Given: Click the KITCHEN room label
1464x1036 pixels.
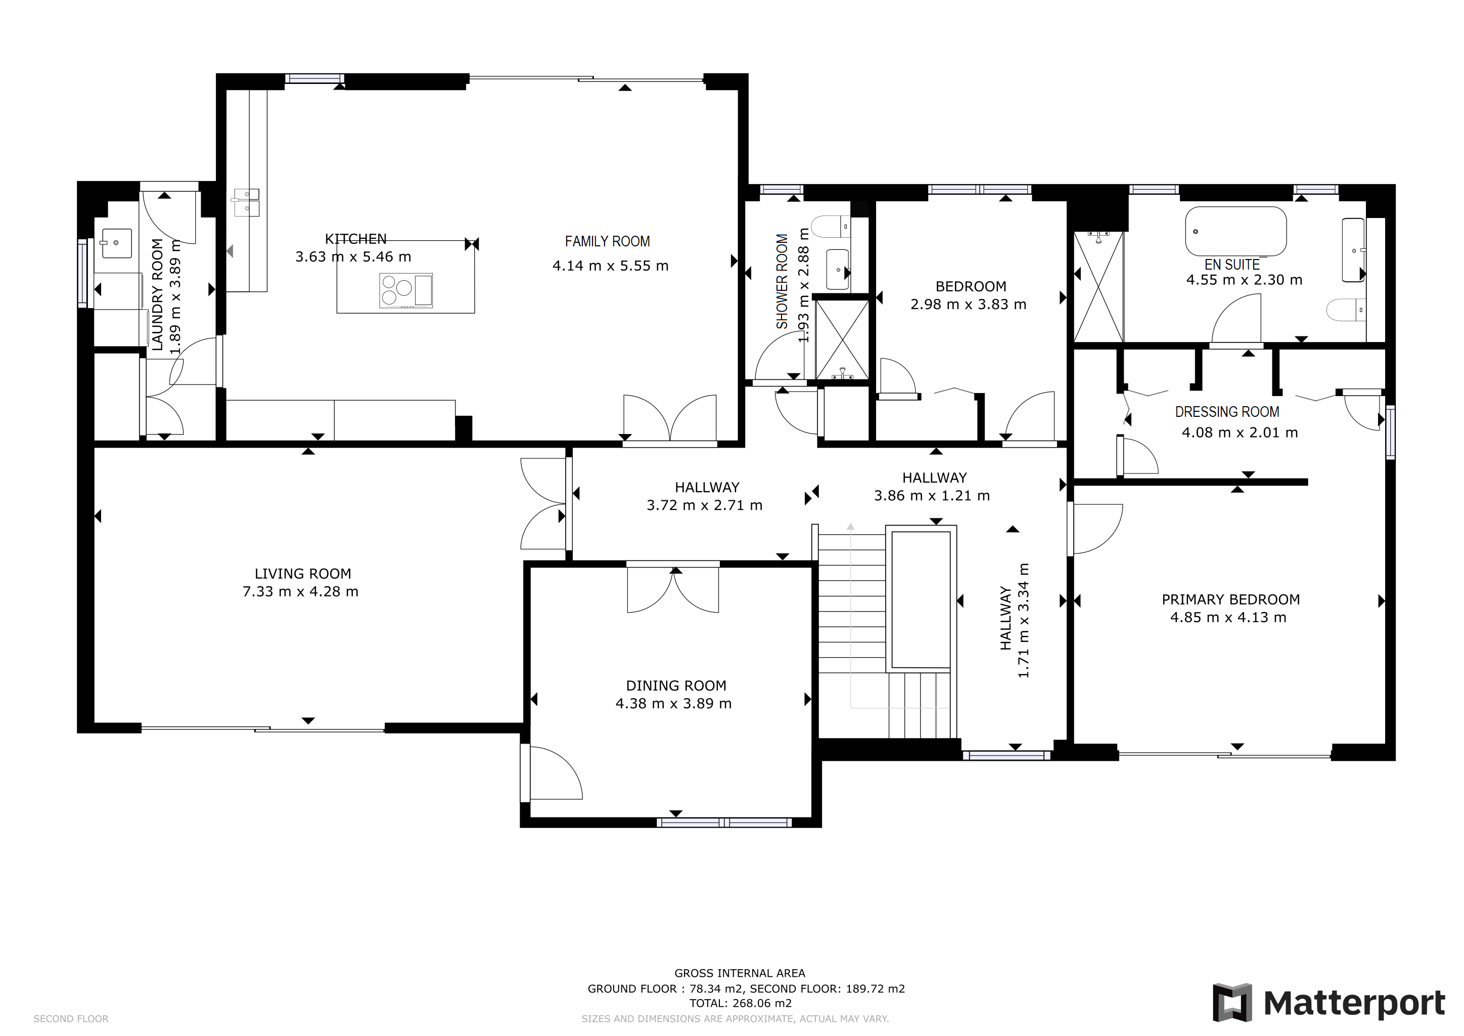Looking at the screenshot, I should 356,239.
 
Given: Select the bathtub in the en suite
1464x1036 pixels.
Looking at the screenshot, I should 1235,231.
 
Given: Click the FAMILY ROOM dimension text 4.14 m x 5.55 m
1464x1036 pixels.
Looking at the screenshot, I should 610,266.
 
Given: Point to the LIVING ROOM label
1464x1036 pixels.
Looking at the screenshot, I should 303,574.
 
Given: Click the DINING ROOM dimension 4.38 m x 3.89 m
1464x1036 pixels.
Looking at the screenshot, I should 673,704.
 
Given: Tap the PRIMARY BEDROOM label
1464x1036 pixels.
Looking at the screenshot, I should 1230,599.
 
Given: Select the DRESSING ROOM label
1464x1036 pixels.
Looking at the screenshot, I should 1227,412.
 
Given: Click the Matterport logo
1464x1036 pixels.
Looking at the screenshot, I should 1330,1004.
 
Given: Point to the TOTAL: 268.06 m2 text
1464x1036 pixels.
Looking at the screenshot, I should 740,1003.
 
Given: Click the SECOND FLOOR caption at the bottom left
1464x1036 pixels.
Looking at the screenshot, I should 71,1019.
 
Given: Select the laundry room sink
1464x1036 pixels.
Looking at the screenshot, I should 116,243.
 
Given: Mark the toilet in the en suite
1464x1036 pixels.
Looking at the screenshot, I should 1346,310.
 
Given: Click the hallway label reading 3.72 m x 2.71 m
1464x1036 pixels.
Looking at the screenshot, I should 704,505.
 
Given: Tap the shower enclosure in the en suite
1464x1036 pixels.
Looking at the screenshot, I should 1098,287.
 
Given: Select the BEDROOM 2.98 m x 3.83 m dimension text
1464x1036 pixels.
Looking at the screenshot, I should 968,305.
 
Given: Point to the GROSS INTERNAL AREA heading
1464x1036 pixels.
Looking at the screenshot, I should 740,973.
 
